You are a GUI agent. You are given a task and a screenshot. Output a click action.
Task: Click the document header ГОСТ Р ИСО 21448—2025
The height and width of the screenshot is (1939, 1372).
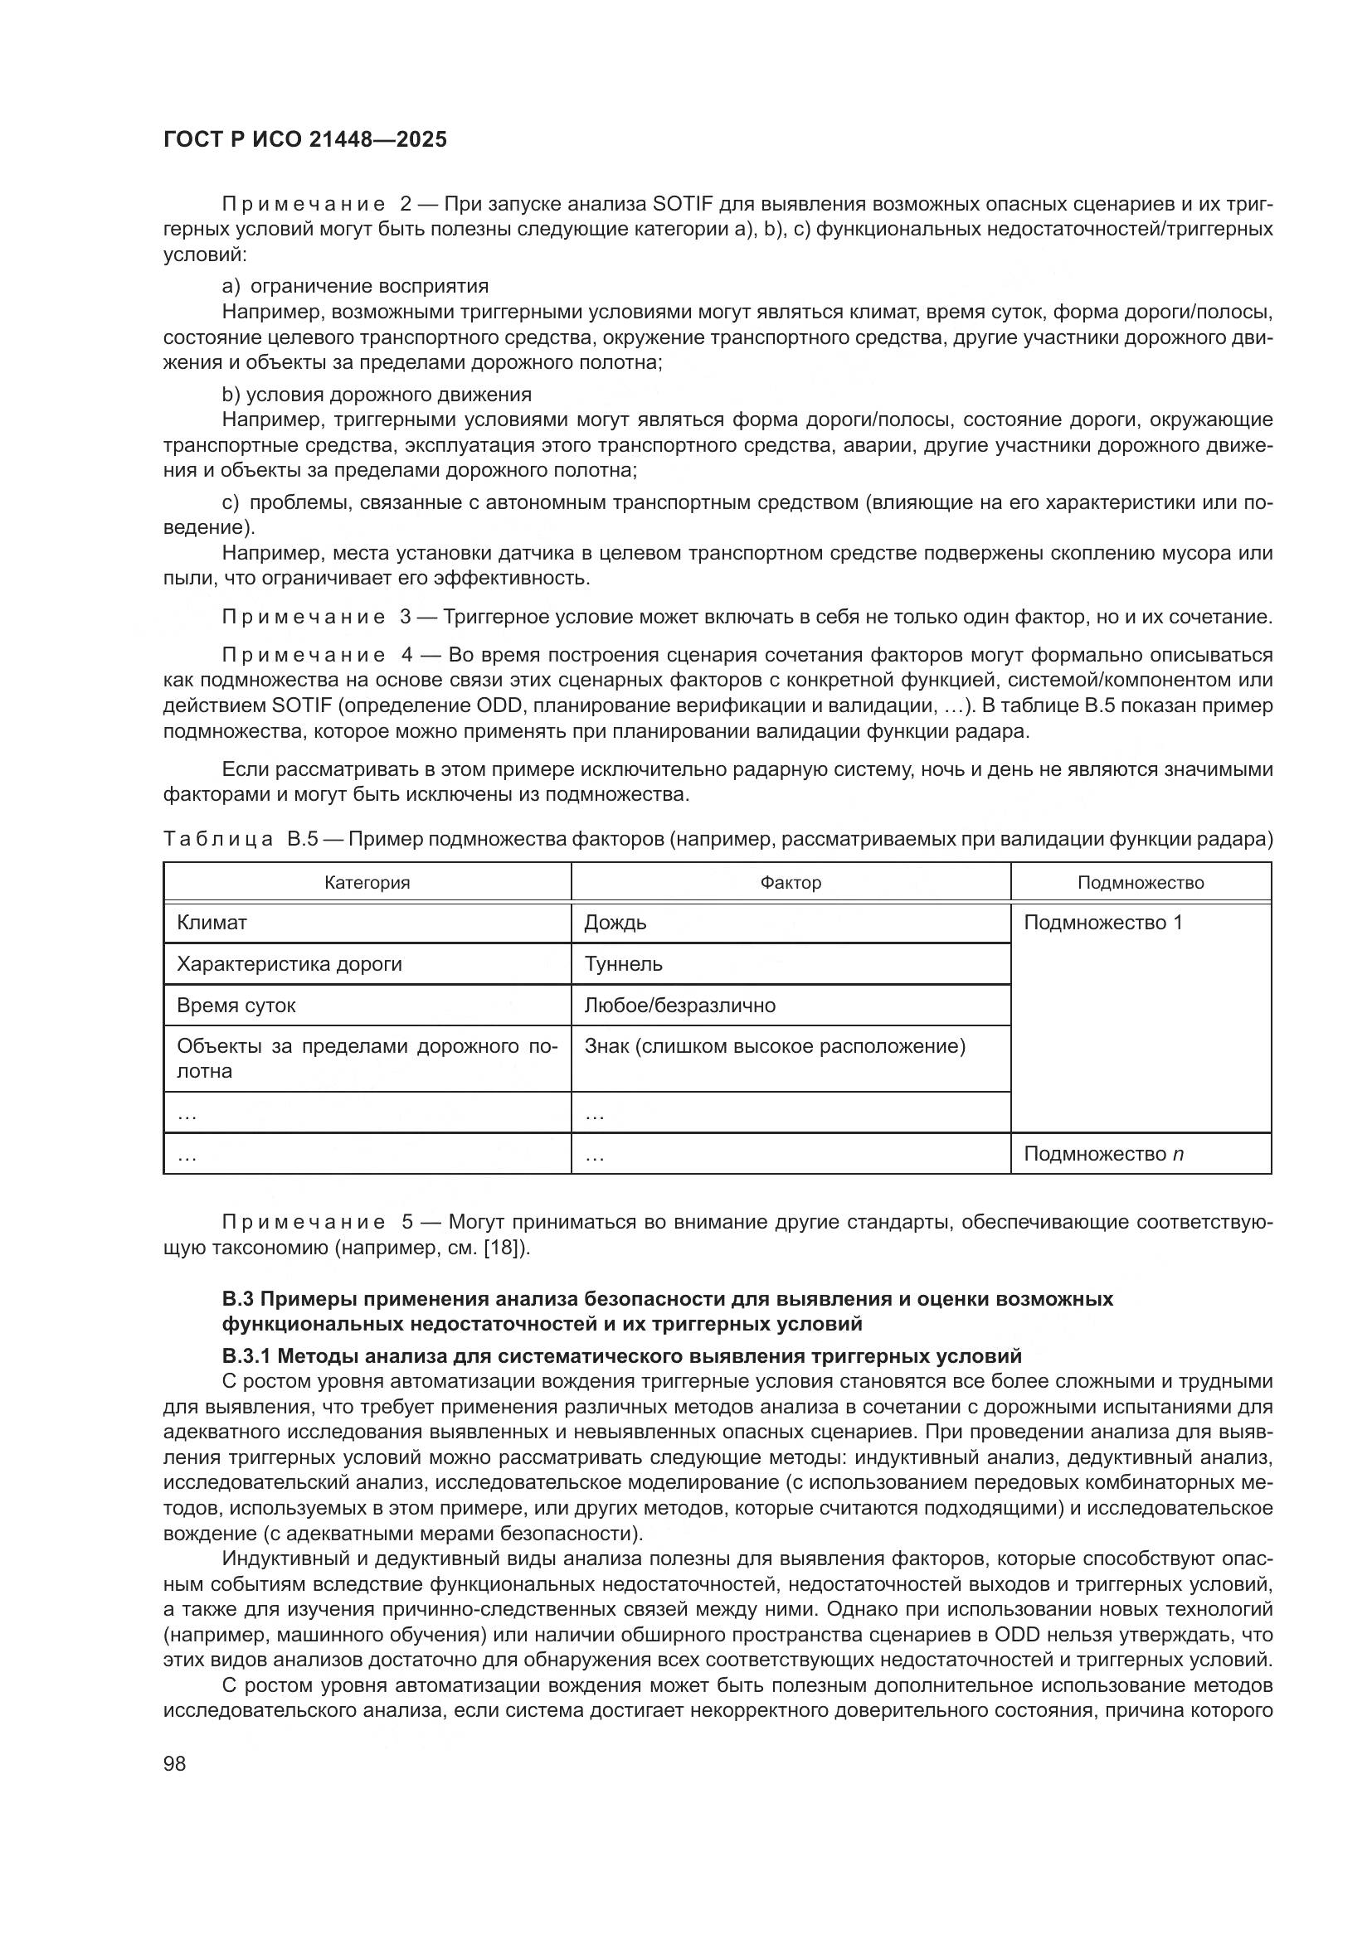point(305,140)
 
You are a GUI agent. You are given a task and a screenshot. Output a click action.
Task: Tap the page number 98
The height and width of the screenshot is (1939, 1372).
point(175,1762)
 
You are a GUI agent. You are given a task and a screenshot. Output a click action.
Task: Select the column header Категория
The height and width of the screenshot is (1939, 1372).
point(367,883)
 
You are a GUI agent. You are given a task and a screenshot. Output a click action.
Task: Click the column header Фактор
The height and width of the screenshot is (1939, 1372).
point(790,883)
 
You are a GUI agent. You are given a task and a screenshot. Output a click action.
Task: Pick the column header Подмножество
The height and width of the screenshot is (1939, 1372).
point(1140,883)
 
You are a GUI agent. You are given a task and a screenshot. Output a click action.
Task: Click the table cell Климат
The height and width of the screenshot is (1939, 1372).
point(212,922)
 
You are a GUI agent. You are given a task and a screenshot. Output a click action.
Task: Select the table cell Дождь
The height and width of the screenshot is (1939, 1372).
point(615,922)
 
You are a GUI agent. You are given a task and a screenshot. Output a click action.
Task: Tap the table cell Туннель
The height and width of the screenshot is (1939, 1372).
point(624,963)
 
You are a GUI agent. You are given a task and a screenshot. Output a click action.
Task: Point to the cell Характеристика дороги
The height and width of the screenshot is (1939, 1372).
point(289,963)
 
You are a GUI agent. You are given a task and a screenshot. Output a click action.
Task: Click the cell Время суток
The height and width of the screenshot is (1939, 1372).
point(236,1005)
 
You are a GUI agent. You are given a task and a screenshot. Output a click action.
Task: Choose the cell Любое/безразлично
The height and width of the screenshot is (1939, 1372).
point(679,1005)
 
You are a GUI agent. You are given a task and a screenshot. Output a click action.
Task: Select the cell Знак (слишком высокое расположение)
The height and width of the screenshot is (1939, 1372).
point(774,1046)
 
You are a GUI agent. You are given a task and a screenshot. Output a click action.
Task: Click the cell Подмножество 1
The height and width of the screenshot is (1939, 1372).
point(1102,922)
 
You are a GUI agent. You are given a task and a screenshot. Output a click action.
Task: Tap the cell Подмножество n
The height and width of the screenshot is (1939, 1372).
point(1102,1154)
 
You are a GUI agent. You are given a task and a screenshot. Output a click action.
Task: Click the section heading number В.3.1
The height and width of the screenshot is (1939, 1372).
point(246,1356)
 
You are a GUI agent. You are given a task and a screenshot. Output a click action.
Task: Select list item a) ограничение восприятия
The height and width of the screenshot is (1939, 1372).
point(356,285)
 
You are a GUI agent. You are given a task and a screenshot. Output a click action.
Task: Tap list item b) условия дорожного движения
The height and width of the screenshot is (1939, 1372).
point(377,395)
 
